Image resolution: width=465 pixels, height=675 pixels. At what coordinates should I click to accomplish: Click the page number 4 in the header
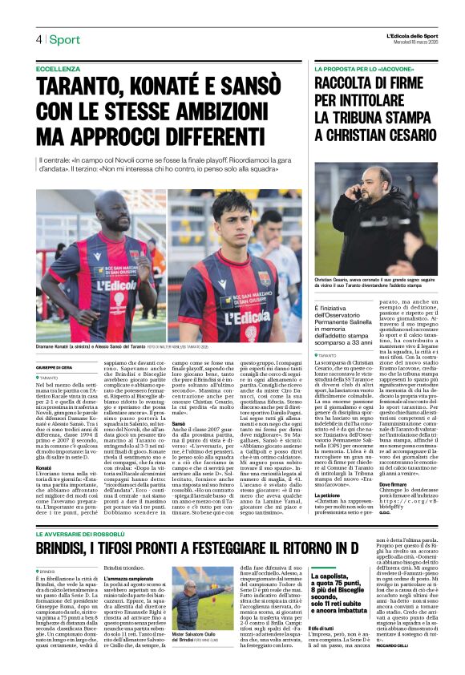38,39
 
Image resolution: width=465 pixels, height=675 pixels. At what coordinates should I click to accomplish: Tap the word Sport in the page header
63,39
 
